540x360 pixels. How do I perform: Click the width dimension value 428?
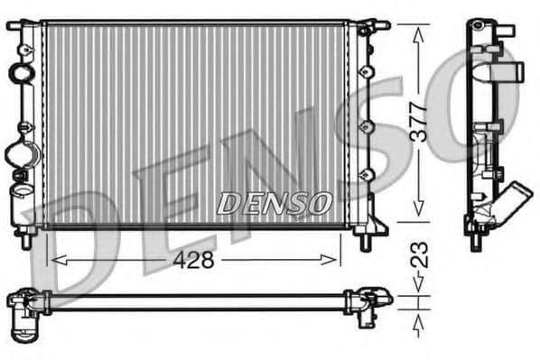pyautogui.click(x=194, y=260)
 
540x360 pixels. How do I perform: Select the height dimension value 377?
pyautogui.click(x=418, y=119)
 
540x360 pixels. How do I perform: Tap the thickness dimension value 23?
pyautogui.click(x=418, y=254)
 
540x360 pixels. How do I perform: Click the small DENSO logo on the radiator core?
pyautogui.click(x=274, y=204)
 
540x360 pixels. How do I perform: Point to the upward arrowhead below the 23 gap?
pyautogui.click(x=418, y=319)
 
